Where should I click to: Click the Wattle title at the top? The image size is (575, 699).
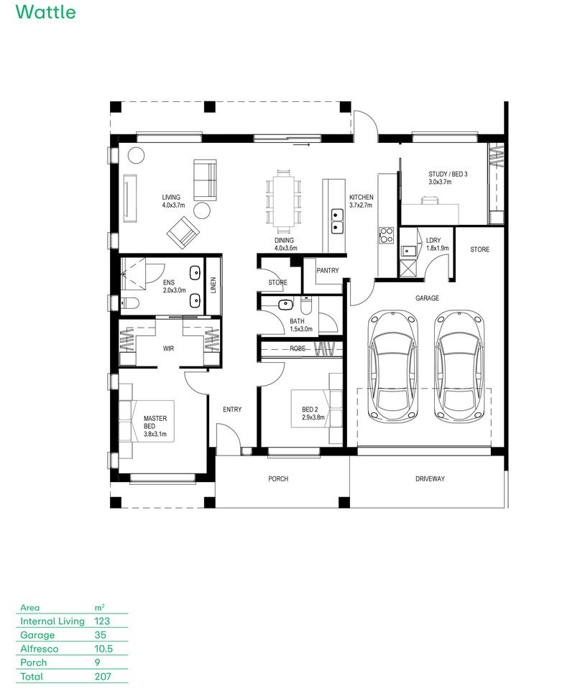click(45, 12)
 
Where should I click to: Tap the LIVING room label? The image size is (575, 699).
click(171, 197)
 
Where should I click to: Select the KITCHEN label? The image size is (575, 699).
click(362, 197)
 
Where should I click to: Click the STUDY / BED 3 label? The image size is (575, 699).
click(448, 174)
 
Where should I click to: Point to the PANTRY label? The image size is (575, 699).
click(327, 271)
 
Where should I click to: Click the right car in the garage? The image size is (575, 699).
click(457, 367)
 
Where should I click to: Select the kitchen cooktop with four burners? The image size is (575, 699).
click(386, 235)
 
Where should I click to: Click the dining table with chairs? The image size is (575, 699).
click(284, 198)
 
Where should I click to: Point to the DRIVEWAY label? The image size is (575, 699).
click(430, 478)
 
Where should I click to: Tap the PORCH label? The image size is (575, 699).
click(278, 478)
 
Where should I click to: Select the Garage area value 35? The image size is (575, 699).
click(100, 635)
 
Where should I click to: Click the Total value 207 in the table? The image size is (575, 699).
click(104, 676)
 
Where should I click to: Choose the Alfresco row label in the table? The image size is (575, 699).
click(40, 649)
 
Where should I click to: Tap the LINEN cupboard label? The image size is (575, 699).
click(213, 286)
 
